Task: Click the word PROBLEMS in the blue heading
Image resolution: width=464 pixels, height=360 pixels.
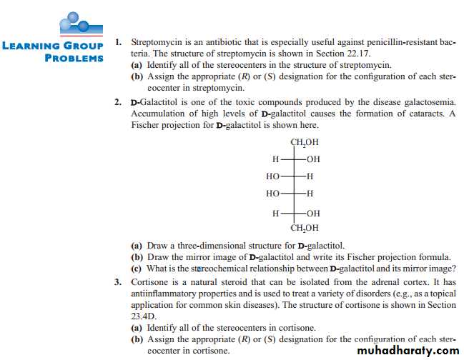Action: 74,58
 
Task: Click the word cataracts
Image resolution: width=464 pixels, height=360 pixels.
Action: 416,114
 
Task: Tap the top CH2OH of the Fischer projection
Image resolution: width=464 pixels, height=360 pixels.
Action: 304,142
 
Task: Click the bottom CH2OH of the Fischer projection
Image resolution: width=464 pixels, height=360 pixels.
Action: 304,229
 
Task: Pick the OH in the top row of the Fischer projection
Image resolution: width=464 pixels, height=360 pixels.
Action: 312,158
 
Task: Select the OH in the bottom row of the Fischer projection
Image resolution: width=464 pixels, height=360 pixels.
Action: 312,213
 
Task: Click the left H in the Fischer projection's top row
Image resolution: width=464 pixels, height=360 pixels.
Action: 275,158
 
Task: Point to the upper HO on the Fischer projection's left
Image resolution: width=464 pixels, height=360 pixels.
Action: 272,176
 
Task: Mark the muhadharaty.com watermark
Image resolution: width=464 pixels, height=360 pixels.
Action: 407,350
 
